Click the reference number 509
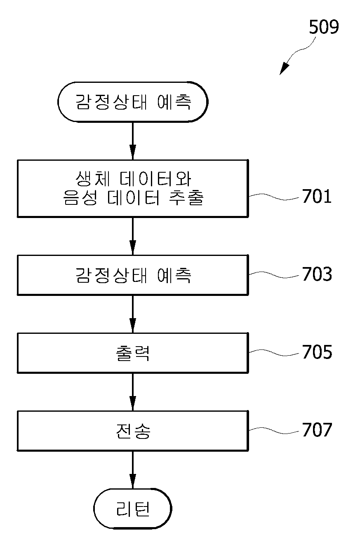[x=324, y=27]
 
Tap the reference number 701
[x=317, y=196]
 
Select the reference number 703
[x=317, y=274]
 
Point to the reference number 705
[x=317, y=352]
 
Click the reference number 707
[x=317, y=429]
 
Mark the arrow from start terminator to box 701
[x=133, y=141]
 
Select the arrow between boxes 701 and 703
[x=133, y=236]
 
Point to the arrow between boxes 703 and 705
[x=133, y=314]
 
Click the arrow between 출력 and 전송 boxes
[x=133, y=392]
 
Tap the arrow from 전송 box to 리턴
[x=133, y=470]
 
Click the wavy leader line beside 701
[x=274, y=197]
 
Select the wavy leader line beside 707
[x=274, y=430]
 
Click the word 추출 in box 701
[x=186, y=198]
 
